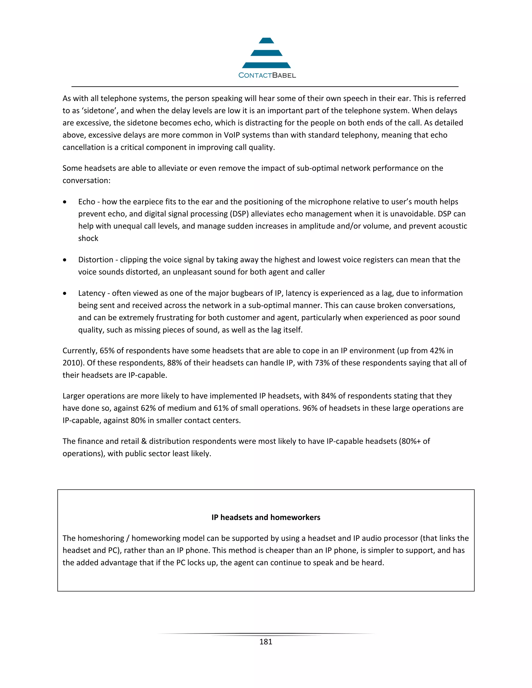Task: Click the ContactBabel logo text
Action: [267, 75]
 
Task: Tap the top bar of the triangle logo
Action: [266, 41]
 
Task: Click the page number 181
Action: [266, 642]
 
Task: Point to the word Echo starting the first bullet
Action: [87, 202]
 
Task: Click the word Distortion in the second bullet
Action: [96, 260]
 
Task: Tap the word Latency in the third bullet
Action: [91, 293]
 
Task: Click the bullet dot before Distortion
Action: [65, 260]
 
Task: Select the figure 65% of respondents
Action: [107, 350]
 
